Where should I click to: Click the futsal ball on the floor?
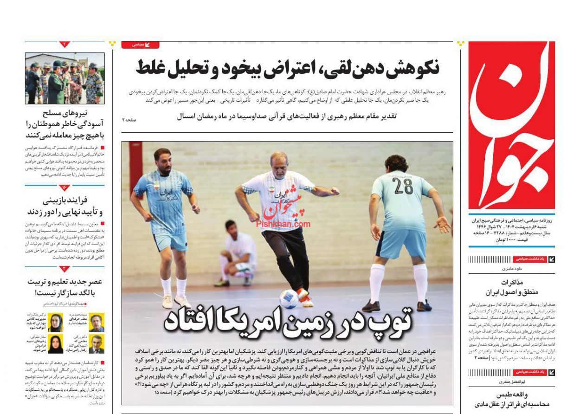(x=289, y=298)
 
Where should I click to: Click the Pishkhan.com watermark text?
(x=283, y=224)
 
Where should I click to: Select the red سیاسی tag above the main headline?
(x=140, y=45)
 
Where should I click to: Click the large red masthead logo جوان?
(x=511, y=125)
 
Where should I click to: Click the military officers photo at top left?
(x=64, y=78)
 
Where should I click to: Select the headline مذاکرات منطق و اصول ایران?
(x=512, y=287)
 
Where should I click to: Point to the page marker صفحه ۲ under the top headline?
(x=129, y=120)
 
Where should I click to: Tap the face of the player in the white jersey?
(x=279, y=162)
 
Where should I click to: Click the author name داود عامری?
(x=512, y=268)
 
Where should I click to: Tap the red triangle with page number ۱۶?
(x=64, y=188)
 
